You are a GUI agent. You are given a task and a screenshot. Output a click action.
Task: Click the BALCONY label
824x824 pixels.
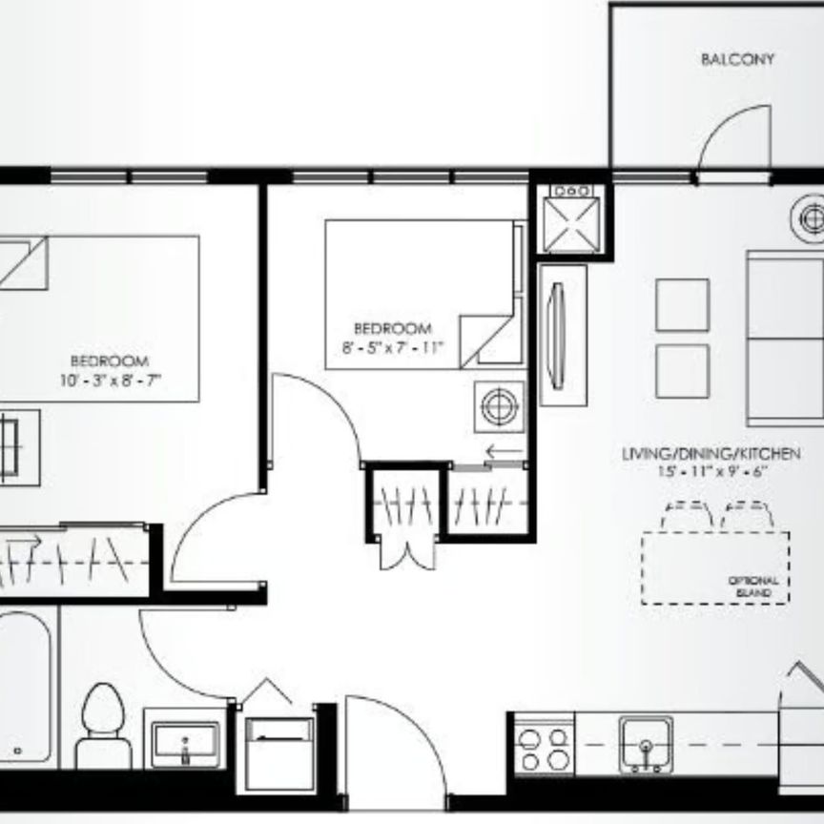(x=737, y=59)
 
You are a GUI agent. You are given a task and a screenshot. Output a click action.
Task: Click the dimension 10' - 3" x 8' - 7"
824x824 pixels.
(x=109, y=378)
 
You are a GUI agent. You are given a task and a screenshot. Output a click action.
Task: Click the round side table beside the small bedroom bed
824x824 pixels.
(x=499, y=407)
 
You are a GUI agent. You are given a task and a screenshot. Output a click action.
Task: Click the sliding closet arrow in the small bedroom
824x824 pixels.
(x=504, y=452)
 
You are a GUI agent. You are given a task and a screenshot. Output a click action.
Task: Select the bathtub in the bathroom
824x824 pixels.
(x=23, y=687)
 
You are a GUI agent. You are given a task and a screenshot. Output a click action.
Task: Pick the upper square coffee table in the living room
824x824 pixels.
(x=682, y=305)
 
